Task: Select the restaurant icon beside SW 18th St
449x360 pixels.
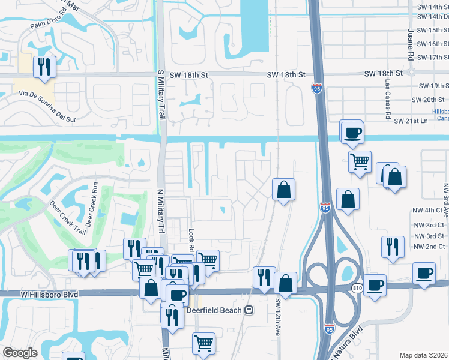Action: pyautogui.click(x=44, y=67)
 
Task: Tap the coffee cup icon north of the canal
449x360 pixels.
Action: pyautogui.click(x=352, y=132)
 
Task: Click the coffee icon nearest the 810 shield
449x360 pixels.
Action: pyautogui.click(x=375, y=284)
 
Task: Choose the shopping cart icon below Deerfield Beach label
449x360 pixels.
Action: pyautogui.click(x=203, y=344)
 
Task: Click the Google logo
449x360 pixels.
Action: pyautogui.click(x=20, y=352)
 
